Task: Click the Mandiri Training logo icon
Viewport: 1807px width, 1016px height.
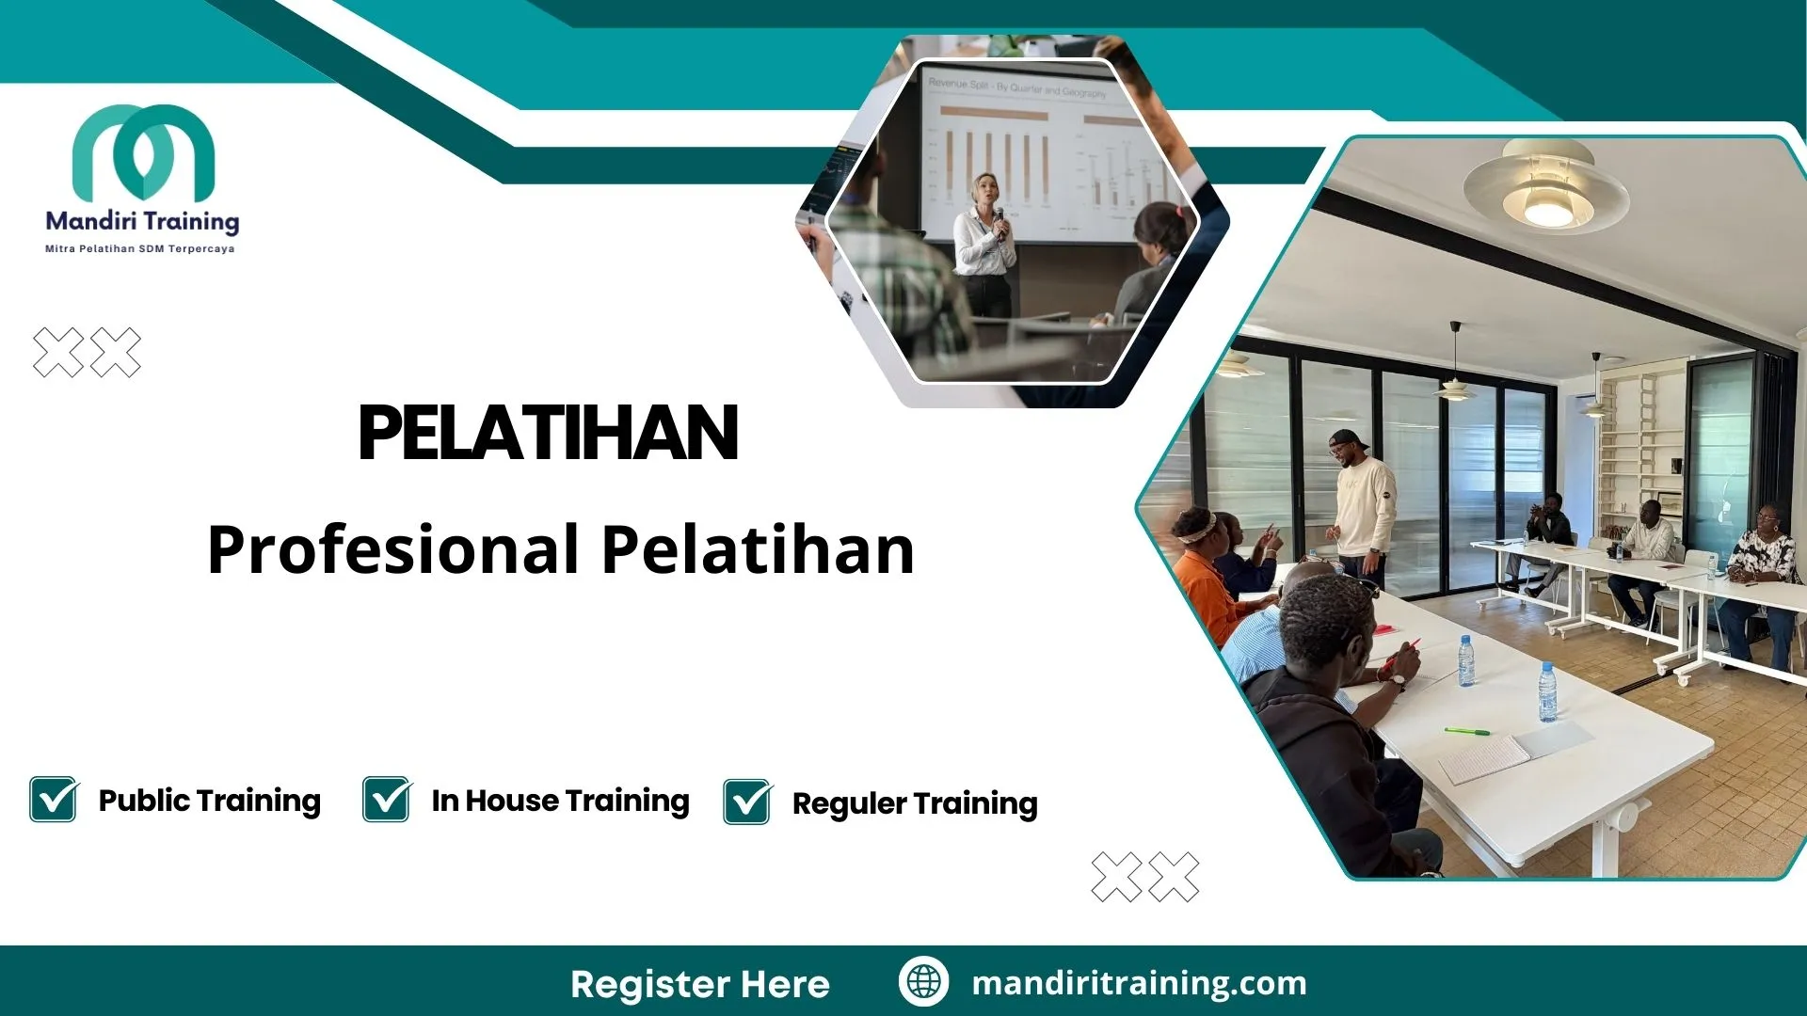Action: pyautogui.click(x=143, y=151)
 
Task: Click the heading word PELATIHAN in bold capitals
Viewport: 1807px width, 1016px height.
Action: pyautogui.click(x=548, y=434)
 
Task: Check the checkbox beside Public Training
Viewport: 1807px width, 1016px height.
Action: pyautogui.click(x=54, y=800)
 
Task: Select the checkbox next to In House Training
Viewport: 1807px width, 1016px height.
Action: pyautogui.click(x=387, y=800)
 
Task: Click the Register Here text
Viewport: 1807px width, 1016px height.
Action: pyautogui.click(x=699, y=984)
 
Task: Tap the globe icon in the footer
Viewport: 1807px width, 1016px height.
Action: pyautogui.click(x=923, y=982)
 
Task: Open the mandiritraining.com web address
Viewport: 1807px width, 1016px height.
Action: pyautogui.click(x=1139, y=983)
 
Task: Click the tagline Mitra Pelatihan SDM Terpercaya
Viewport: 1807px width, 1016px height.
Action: pyautogui.click(x=140, y=249)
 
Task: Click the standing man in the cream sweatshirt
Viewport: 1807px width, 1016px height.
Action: pyautogui.click(x=1362, y=508)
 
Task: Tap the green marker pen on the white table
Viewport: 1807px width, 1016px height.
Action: pyautogui.click(x=1466, y=730)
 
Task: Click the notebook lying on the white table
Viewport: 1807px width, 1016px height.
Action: pyautogui.click(x=1485, y=758)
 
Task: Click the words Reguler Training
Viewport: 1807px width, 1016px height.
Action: pyautogui.click(x=915, y=803)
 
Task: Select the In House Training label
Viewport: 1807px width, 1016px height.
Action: pyautogui.click(x=560, y=801)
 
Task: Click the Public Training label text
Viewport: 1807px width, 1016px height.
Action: pyautogui.click(x=209, y=801)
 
